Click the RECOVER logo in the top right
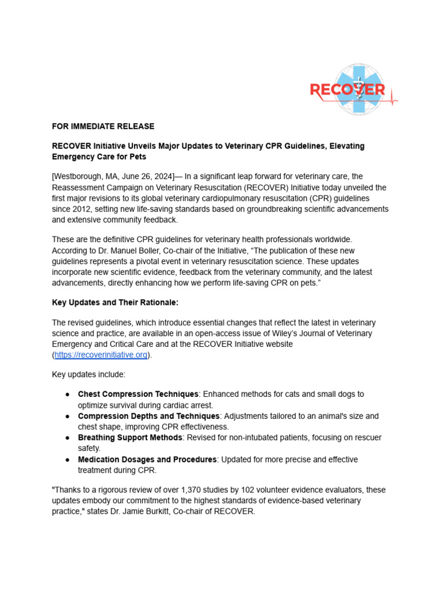click(x=353, y=90)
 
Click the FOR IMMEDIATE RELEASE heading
click(x=103, y=126)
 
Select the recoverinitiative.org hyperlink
click(x=101, y=355)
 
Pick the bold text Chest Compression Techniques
click(x=138, y=394)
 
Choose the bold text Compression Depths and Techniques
click(x=148, y=416)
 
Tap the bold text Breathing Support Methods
click(x=130, y=438)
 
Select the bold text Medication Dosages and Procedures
click(x=147, y=460)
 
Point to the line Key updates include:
click(x=88, y=374)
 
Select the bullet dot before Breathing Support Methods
click(x=67, y=438)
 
